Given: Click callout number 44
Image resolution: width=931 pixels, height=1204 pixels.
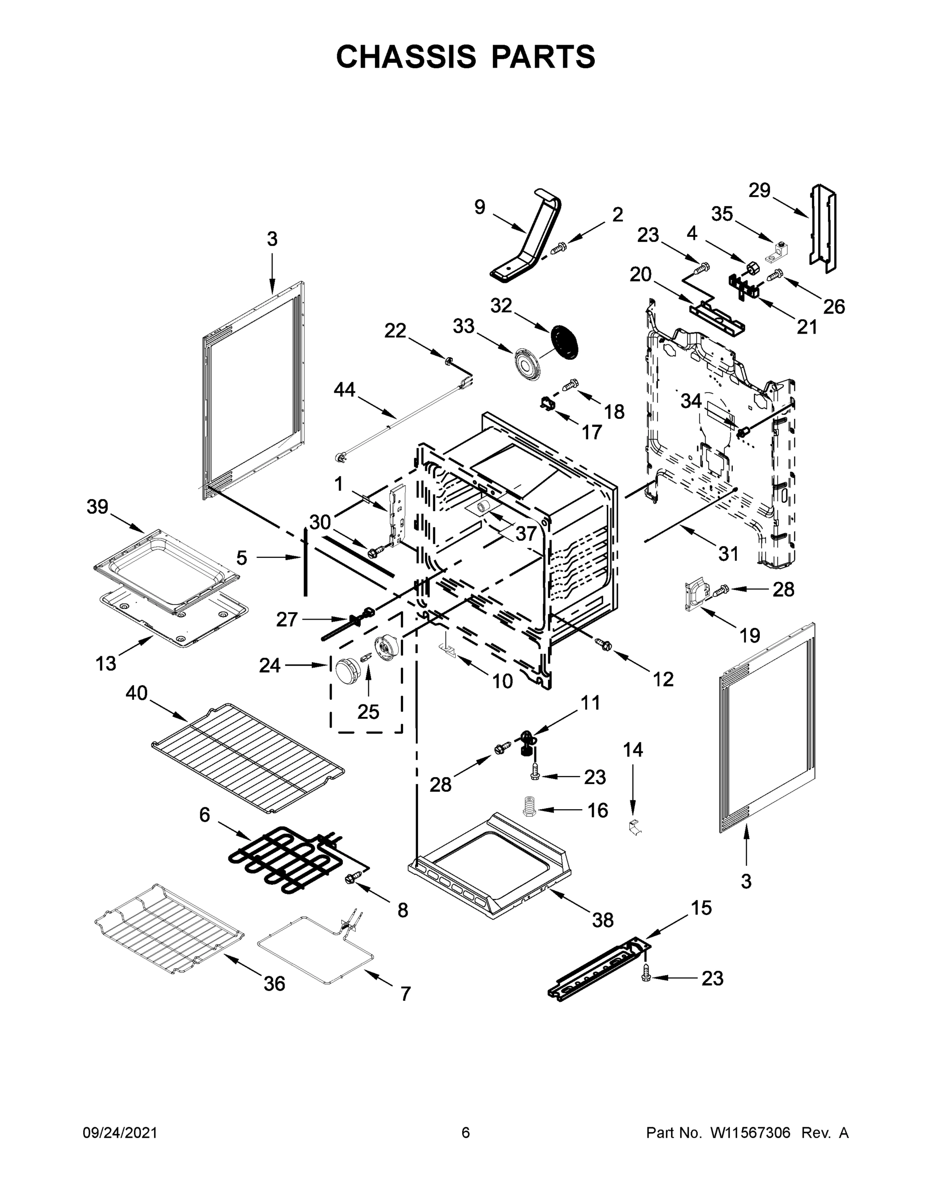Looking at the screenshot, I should pyautogui.click(x=345, y=390).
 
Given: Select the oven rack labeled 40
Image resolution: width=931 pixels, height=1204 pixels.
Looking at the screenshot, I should pyautogui.click(x=248, y=758).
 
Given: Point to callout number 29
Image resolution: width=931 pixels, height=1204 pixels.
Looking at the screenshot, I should pyautogui.click(x=759, y=191).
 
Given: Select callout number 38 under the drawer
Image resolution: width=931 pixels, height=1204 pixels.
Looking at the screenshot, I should pyautogui.click(x=602, y=920).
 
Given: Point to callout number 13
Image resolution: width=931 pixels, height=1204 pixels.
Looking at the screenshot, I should pyautogui.click(x=106, y=663).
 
